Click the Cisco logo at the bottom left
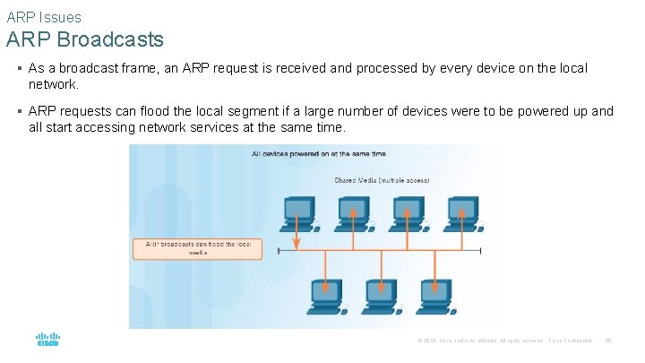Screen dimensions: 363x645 click(x=47, y=340)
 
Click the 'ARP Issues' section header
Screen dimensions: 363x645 click(x=44, y=17)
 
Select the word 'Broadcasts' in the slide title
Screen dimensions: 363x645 click(x=116, y=39)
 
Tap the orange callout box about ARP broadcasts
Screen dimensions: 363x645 click(x=197, y=248)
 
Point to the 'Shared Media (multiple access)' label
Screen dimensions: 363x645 click(x=382, y=180)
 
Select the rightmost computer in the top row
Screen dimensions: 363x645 click(x=461, y=212)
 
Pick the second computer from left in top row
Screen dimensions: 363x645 click(x=353, y=212)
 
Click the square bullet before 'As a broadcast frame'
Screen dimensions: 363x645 click(x=20, y=69)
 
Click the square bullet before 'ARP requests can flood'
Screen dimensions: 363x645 click(x=20, y=112)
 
